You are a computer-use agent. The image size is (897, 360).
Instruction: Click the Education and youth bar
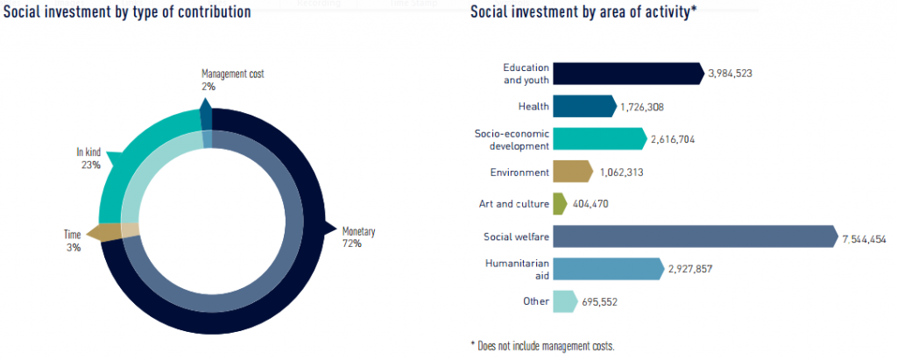pos(627,74)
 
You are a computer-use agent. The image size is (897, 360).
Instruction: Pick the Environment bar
pos(573,173)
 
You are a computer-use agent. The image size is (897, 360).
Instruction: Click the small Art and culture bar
pos(560,204)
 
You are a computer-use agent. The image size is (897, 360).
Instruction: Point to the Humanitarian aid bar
pos(607,269)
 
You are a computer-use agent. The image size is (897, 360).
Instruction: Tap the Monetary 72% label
pos(358,237)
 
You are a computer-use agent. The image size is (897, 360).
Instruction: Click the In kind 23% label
pos(88,159)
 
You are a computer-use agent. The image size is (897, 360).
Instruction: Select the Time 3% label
pos(73,242)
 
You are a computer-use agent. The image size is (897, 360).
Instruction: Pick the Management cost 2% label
pos(232,81)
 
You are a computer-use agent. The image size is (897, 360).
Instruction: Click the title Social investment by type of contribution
pos(128,12)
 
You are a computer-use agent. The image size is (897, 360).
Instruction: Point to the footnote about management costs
pos(542,345)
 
